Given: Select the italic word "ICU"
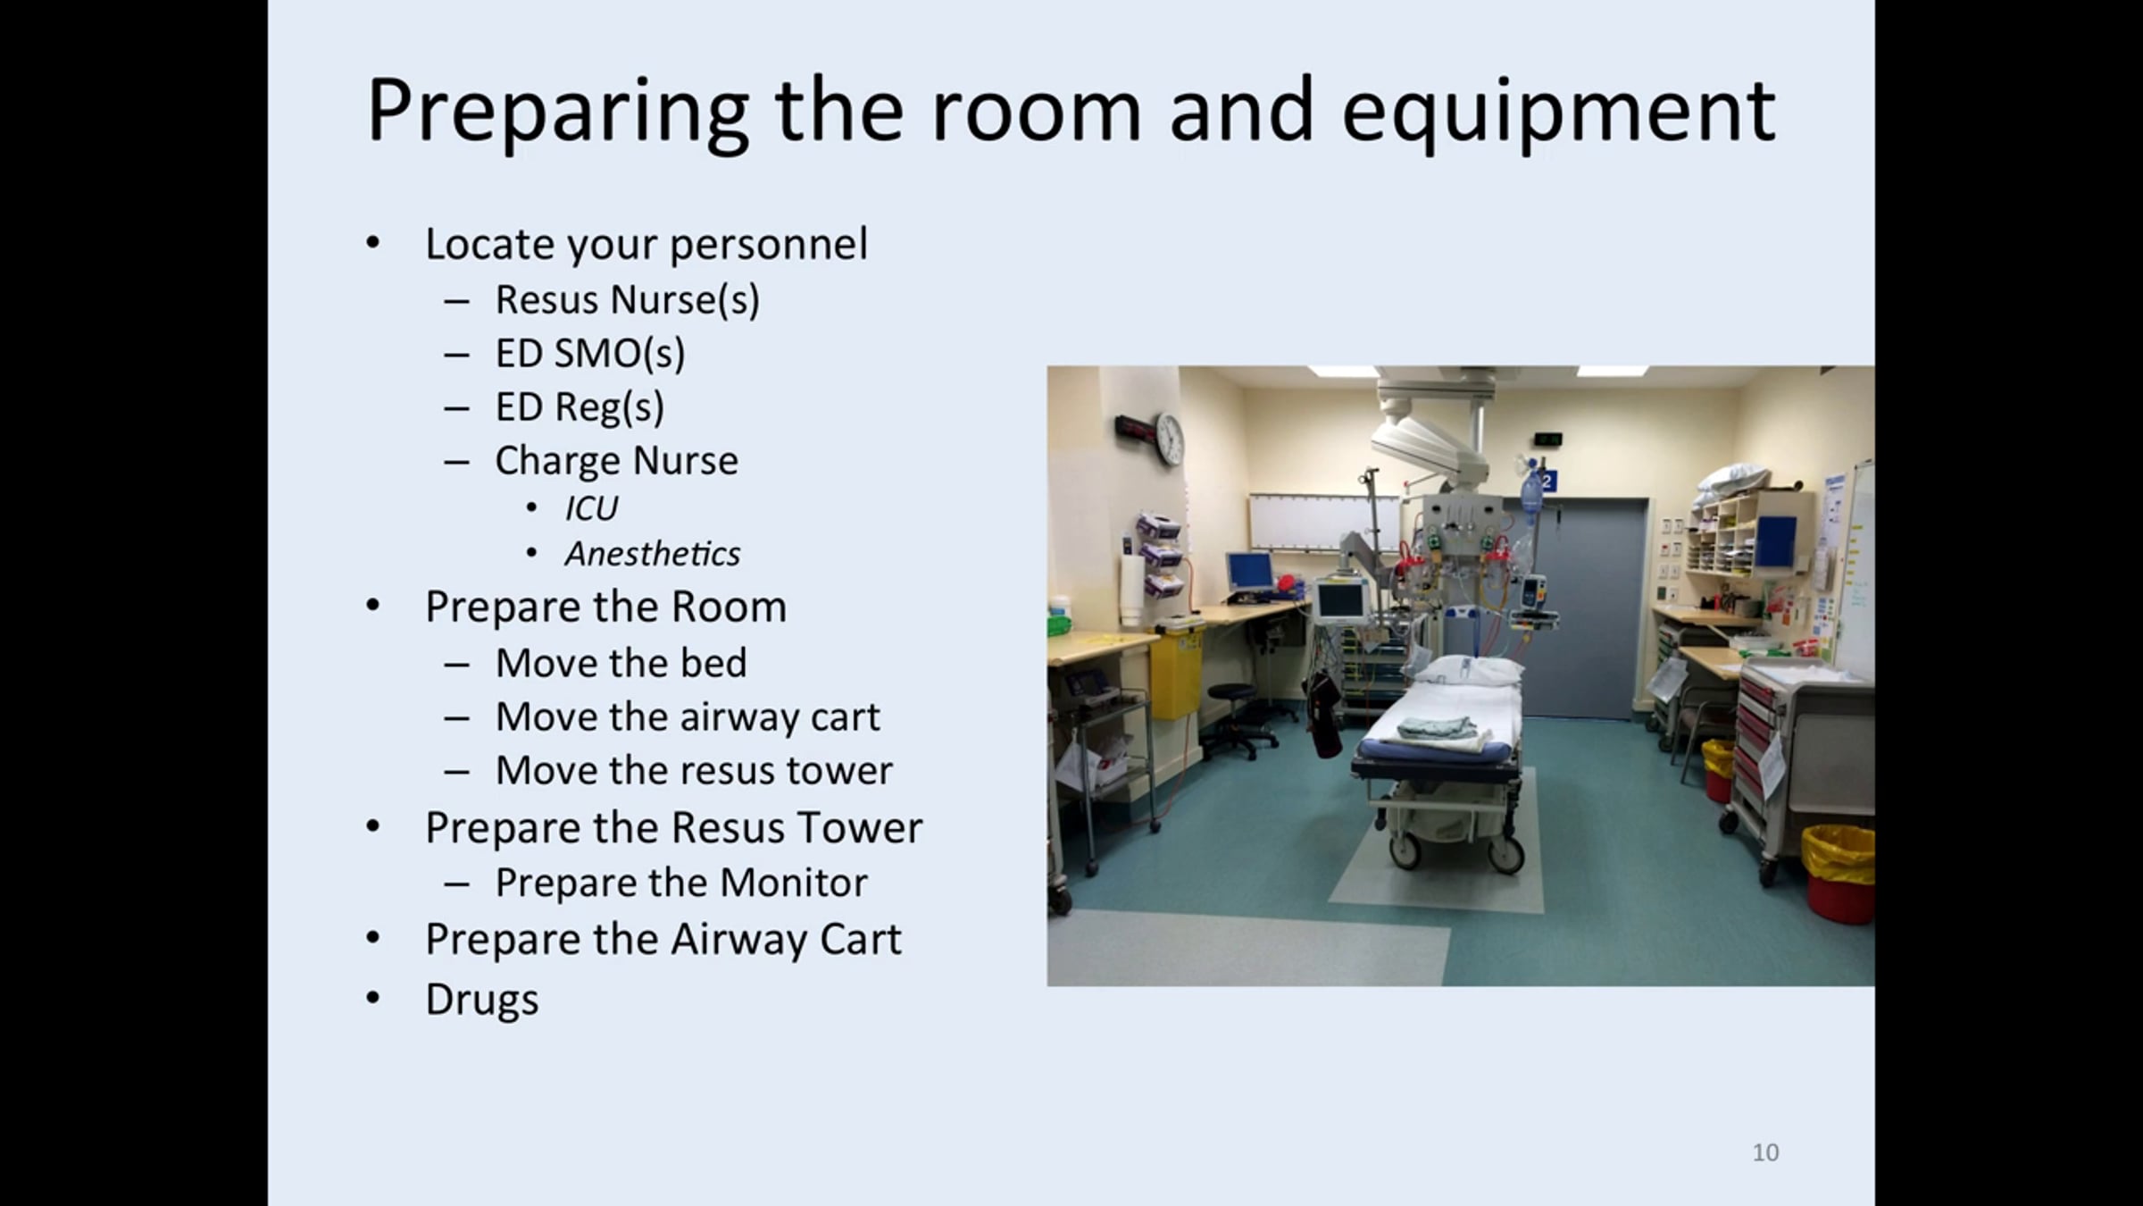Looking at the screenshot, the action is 591,509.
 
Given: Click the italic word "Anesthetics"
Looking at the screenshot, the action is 653,554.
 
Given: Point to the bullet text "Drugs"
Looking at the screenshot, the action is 482,999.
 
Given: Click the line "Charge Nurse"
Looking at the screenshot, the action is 617,460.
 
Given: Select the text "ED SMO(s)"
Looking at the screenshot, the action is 590,353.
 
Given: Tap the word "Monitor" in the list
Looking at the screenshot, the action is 794,883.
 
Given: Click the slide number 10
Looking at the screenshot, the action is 1765,1152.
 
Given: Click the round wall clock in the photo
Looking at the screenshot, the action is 1169,438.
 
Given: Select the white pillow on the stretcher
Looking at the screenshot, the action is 1468,671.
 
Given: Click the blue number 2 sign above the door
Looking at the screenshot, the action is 1547,482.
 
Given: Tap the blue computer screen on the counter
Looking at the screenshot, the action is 1250,570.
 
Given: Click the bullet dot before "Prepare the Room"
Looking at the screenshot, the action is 373,607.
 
